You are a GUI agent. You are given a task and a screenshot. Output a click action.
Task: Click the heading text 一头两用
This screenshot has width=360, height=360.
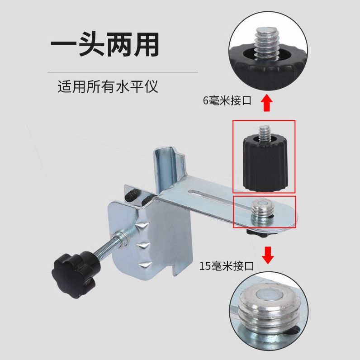point(104,44)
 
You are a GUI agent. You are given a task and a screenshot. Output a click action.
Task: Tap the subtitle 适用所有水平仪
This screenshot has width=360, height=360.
point(108,86)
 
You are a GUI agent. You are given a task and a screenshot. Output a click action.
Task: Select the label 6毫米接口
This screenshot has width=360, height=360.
point(227,100)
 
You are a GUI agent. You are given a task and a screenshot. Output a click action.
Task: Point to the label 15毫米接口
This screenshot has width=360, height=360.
point(227,266)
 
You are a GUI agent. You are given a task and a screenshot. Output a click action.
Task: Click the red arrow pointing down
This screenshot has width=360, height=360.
point(268,255)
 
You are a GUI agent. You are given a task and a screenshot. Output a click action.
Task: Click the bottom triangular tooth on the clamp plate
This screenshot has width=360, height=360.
point(145,265)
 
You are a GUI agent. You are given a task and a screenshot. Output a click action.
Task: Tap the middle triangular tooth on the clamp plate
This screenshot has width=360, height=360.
point(144,246)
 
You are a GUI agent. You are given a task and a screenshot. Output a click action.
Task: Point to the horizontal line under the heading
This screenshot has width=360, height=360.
point(123,72)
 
